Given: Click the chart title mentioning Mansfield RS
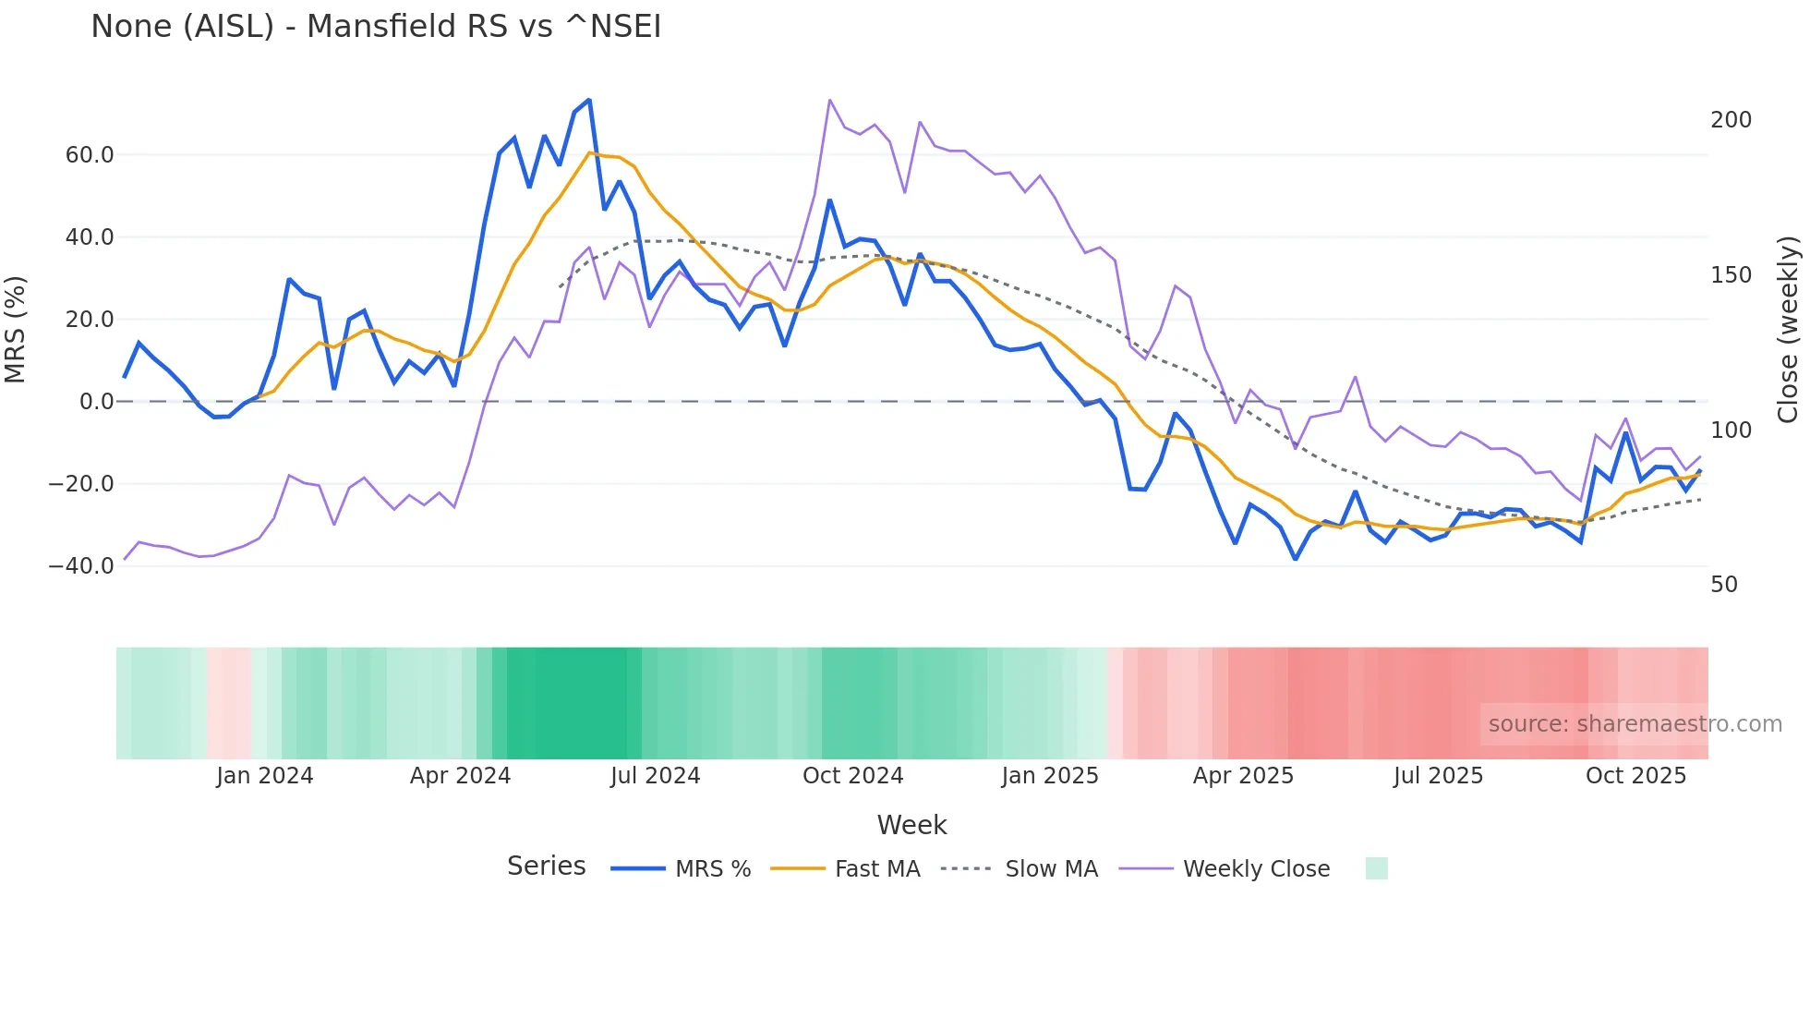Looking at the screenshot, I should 376,27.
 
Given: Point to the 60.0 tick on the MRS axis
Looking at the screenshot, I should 90,155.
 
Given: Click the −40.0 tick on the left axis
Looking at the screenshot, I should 81,566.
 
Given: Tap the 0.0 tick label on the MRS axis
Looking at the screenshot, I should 96,402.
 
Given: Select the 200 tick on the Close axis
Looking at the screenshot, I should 1731,120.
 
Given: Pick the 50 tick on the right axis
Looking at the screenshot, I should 1724,585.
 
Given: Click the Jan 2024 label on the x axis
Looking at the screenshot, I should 265,776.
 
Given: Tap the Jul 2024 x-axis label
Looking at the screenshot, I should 655,776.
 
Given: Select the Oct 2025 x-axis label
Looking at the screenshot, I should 1635,776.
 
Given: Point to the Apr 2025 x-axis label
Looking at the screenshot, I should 1243,776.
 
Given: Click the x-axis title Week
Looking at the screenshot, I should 911,825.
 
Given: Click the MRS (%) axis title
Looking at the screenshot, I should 16,330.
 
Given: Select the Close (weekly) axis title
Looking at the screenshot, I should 1789,330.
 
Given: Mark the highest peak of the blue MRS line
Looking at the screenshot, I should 589,100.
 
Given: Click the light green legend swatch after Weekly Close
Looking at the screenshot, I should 1376,868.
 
